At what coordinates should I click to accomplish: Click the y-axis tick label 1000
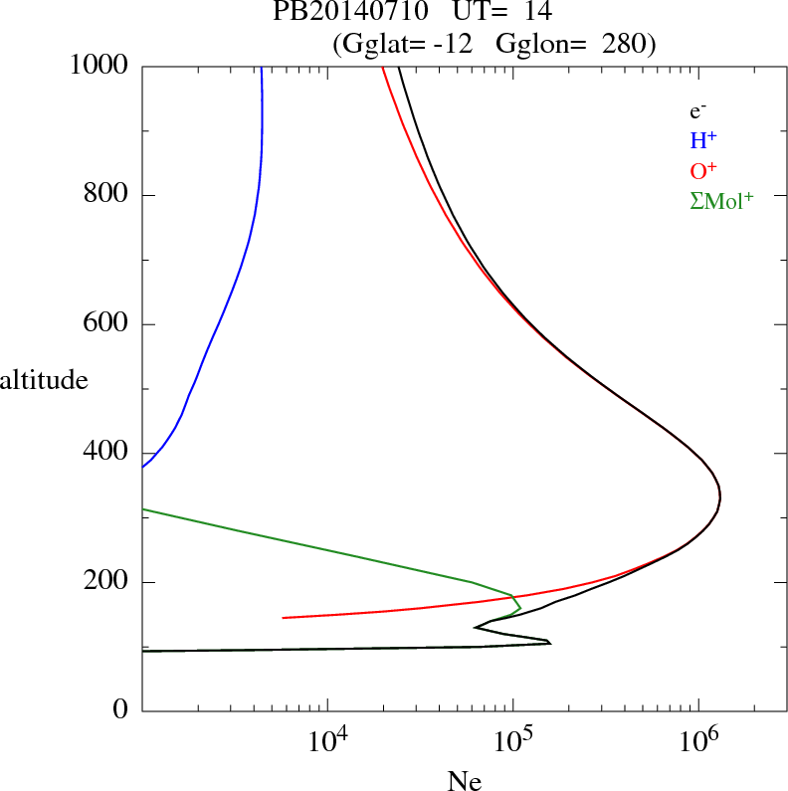[x=99, y=66]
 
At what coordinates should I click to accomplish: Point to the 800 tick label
[x=106, y=195]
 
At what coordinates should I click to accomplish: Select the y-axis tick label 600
[x=106, y=324]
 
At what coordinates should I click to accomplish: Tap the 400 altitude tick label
[x=106, y=454]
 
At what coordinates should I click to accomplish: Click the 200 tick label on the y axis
[x=106, y=583]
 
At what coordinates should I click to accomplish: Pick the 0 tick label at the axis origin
[x=121, y=711]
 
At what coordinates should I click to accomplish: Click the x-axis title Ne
[x=465, y=781]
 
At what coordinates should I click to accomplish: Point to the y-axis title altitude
[x=44, y=379]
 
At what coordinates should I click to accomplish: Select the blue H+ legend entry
[x=703, y=140]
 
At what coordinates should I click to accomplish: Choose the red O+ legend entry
[x=703, y=170]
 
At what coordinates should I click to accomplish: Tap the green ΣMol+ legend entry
[x=720, y=200]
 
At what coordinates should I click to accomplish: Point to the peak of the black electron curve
[x=719, y=496]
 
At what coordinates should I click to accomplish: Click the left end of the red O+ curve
[x=284, y=618]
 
